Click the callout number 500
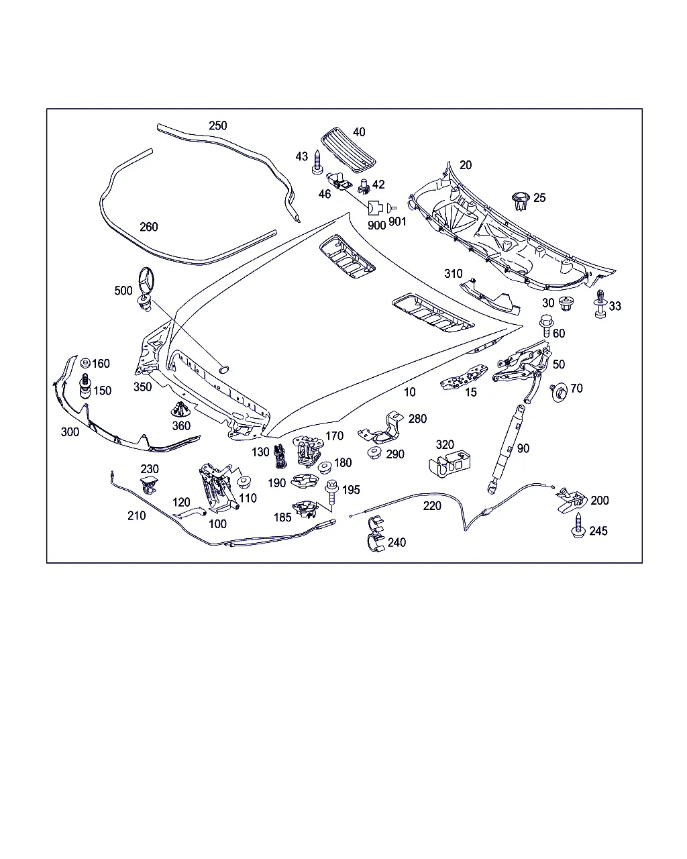pos(123,291)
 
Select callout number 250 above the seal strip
pos(217,125)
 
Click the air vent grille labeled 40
pos(348,147)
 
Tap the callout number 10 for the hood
pos(409,392)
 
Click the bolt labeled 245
pos(577,525)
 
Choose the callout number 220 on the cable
pos(432,505)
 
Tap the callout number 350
pos(142,387)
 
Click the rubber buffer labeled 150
pos(85,388)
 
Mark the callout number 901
pos(397,221)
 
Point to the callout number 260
pos(148,226)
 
